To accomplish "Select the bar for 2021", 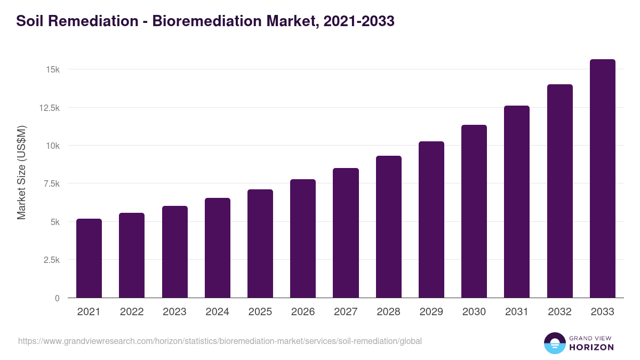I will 89,258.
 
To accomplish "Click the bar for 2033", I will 602,179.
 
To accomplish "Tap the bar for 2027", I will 346,233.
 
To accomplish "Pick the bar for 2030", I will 474,211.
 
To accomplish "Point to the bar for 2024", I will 218,248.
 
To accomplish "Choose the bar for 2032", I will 559,191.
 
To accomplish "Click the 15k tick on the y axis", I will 52,70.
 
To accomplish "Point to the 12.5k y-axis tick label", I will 49,108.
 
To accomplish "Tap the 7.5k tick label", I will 51,184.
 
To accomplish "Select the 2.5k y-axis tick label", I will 51,260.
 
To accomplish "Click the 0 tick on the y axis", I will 57,298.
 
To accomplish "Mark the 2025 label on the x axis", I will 260,312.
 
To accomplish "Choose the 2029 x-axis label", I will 431,312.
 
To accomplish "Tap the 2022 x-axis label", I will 132,312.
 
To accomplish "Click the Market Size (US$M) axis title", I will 21,172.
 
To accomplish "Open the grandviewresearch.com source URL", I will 220,341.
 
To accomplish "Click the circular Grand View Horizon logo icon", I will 554,343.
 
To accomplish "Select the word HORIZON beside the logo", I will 591,347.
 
